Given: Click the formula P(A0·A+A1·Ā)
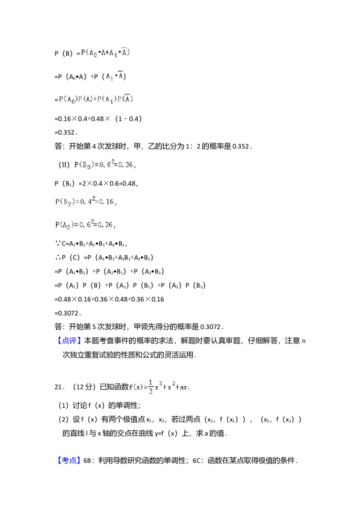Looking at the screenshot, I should pyautogui.click(x=106, y=54).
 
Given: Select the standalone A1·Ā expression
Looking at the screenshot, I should pyautogui.click(x=115, y=76).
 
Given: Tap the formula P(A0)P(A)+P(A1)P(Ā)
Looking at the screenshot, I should pyautogui.click(x=97, y=100).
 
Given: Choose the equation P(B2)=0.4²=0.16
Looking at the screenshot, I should pyautogui.click(x=85, y=202).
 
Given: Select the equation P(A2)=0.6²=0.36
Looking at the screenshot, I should pyautogui.click(x=85, y=225).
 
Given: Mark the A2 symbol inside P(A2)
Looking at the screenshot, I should pyautogui.click(x=67, y=225).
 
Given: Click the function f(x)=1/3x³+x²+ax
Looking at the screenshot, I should pyautogui.click(x=157, y=387).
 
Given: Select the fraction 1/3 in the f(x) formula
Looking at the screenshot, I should pyautogui.click(x=151, y=387).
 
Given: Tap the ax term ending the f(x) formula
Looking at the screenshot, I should pyautogui.click(x=182, y=388).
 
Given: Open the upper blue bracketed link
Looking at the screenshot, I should pyautogui.click(x=70, y=340).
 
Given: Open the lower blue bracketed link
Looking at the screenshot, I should pyautogui.click(x=70, y=460).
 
